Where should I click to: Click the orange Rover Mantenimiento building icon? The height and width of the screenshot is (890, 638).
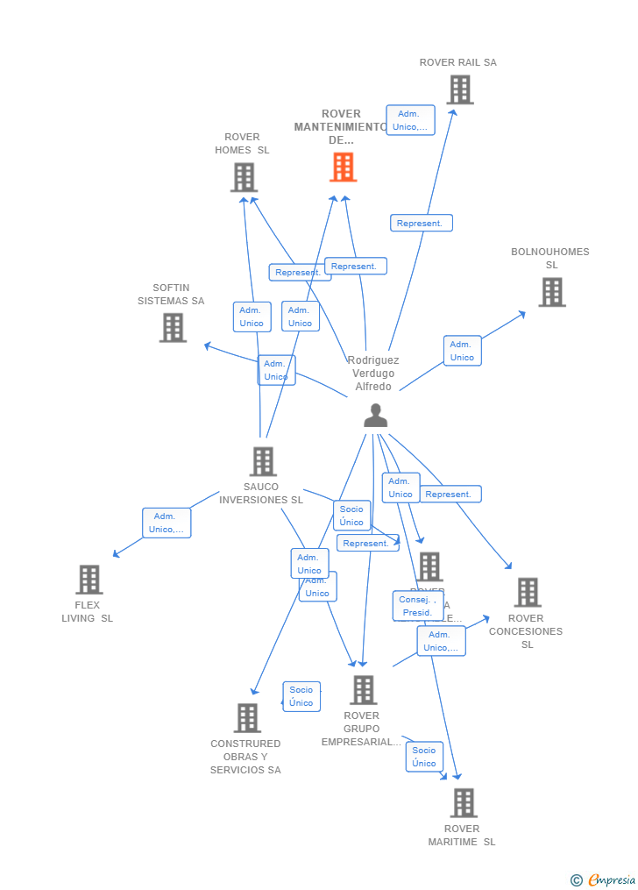(343, 167)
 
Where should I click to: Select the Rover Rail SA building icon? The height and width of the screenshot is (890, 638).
(459, 89)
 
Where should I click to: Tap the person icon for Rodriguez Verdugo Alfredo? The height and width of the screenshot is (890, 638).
(375, 416)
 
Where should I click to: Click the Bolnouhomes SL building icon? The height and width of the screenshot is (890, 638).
(551, 292)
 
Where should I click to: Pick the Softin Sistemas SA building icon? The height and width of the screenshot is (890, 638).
(173, 327)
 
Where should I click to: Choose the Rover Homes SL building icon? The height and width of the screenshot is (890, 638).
(244, 177)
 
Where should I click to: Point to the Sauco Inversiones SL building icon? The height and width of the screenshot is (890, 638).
(262, 461)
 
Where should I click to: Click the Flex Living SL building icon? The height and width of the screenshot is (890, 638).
(89, 580)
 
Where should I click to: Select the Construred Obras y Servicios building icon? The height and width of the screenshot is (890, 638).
(247, 717)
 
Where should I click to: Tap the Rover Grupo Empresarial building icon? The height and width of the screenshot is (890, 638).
(363, 690)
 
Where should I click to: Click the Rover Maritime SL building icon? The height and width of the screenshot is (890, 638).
(463, 802)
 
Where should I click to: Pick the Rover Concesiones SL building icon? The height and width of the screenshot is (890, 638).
(527, 593)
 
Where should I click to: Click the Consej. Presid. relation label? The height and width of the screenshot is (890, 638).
(417, 606)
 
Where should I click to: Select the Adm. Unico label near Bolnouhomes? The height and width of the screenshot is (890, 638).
(462, 351)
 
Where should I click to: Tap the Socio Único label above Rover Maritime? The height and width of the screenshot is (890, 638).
(424, 757)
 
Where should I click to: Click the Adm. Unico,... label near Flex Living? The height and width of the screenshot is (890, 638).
(167, 523)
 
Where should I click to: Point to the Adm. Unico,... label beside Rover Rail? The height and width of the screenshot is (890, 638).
(410, 120)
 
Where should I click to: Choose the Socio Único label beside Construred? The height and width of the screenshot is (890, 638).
(301, 696)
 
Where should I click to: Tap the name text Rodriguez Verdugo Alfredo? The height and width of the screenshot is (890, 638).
(373, 374)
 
